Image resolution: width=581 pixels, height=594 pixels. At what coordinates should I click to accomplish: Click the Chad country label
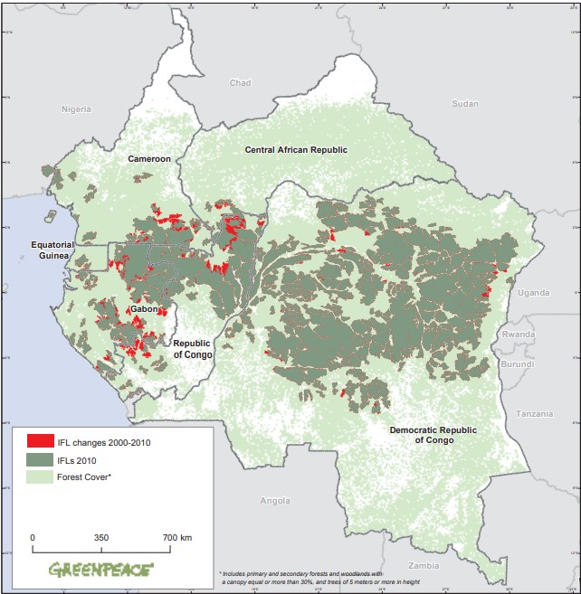(240, 83)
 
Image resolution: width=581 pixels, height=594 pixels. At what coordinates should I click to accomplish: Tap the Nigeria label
(77, 108)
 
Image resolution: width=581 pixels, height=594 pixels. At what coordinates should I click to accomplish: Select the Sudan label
(464, 103)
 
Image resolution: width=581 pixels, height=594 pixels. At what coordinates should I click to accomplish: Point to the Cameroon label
(148, 158)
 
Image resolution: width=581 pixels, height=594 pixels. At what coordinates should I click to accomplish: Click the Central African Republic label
(296, 149)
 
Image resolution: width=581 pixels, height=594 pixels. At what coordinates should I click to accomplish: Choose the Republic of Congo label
(193, 349)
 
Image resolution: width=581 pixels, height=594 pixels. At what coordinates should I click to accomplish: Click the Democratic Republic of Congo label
(433, 435)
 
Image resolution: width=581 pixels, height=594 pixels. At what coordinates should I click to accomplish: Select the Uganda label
(534, 292)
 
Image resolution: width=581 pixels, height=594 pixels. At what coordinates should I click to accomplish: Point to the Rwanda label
(519, 334)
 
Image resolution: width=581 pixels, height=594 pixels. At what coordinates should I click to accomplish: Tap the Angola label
(274, 500)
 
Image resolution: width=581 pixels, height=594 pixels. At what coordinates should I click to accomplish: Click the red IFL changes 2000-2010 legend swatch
(40, 441)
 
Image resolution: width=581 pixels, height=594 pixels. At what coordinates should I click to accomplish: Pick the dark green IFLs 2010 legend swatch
(40, 458)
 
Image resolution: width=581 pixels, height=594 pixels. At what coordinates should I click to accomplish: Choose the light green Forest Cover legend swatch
(40, 476)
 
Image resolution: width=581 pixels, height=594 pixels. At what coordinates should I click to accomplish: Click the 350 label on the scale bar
(101, 537)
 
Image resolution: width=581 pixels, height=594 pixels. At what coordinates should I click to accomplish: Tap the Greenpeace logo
(100, 570)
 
